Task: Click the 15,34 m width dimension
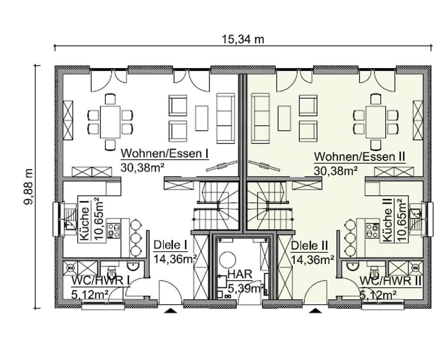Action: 243,39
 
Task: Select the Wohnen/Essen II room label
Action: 360,156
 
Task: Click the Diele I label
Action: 170,246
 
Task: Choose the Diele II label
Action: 309,246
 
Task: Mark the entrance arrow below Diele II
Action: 315,310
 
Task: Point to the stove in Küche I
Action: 114,230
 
